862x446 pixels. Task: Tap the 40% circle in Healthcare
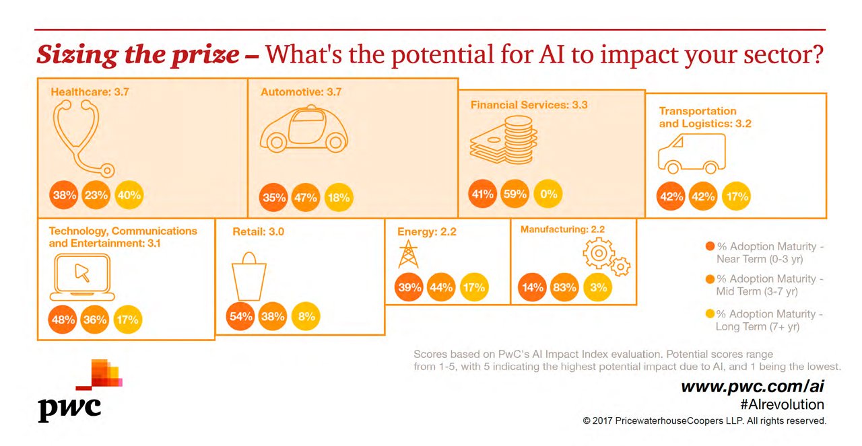pyautogui.click(x=129, y=196)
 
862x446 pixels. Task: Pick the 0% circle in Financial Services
pyautogui.click(x=548, y=195)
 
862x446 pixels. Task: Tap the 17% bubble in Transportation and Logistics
pyautogui.click(x=735, y=197)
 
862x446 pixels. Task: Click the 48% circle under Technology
pyautogui.click(x=63, y=320)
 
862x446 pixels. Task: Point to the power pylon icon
pyautogui.click(x=408, y=255)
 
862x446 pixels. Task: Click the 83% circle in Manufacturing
pyautogui.click(x=564, y=287)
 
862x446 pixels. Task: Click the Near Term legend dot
pyautogui.click(x=710, y=247)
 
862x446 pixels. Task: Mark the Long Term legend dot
pyautogui.click(x=710, y=314)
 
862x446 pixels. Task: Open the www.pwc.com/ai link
pyautogui.click(x=752, y=386)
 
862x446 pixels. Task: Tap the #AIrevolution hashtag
pyautogui.click(x=781, y=404)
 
